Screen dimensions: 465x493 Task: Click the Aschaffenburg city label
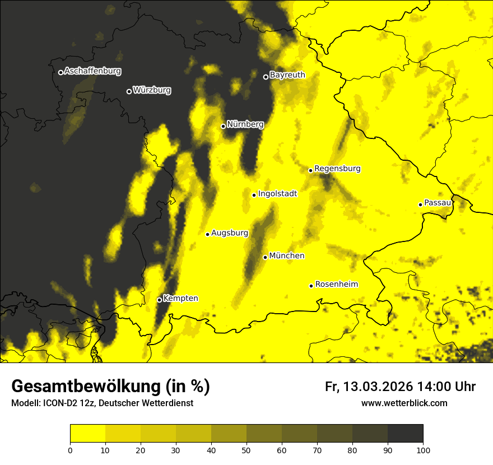click(92, 71)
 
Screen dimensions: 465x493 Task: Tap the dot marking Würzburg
click(129, 91)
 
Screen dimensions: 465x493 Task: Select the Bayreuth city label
click(287, 75)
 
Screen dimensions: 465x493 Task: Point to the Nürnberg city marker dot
click(223, 126)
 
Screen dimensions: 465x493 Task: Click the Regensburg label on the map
click(337, 168)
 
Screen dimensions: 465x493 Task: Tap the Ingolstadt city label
click(278, 194)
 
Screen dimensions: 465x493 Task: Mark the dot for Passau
click(420, 204)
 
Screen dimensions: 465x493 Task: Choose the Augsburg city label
click(230, 233)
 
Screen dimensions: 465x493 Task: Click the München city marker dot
click(265, 257)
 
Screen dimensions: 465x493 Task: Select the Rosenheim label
click(336, 284)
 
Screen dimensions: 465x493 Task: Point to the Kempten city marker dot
click(159, 300)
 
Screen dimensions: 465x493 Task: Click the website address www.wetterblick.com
click(404, 403)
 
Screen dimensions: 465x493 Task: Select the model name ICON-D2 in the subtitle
click(57, 403)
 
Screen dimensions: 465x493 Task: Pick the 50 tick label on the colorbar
click(246, 450)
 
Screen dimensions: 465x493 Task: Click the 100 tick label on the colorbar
click(423, 450)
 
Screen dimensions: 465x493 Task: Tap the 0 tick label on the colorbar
click(70, 450)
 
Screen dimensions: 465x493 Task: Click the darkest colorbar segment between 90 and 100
click(405, 433)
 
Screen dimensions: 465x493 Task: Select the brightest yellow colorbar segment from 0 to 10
click(87, 433)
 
